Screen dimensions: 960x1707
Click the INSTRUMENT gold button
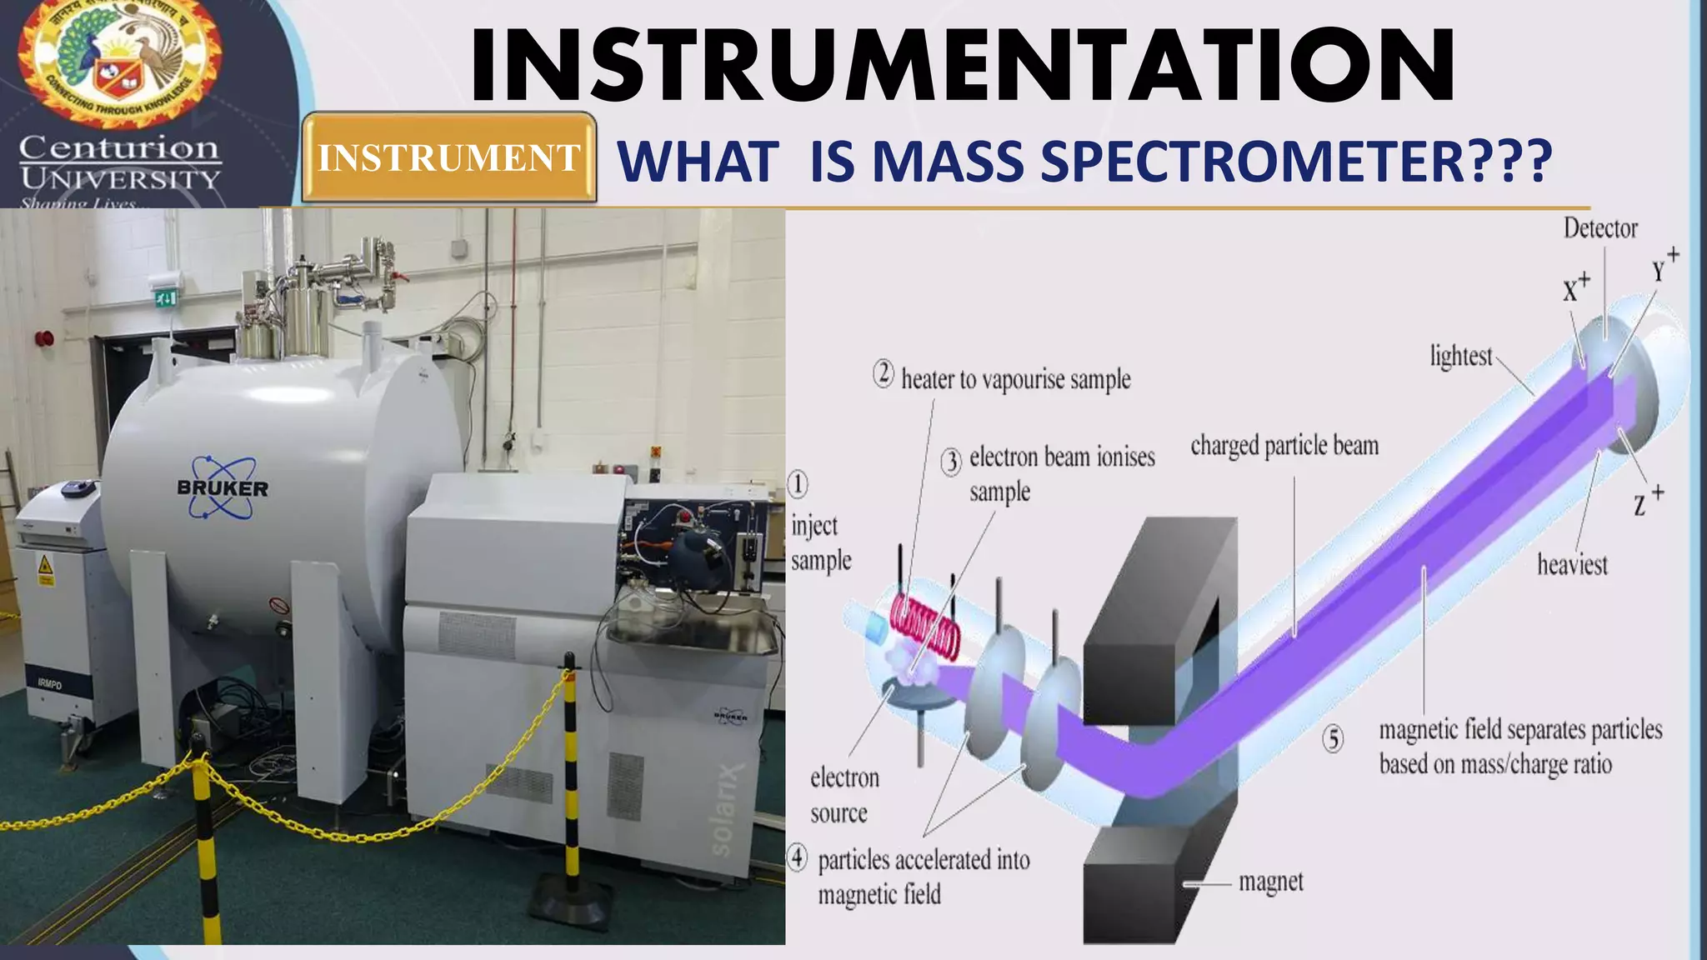tap(448, 157)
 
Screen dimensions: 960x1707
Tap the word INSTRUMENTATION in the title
tap(963, 65)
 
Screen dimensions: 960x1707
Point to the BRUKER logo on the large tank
tap(223, 487)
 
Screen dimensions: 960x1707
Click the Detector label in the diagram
tap(1599, 228)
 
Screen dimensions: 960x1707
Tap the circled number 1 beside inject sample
tap(798, 484)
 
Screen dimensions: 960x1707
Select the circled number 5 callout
tap(1334, 738)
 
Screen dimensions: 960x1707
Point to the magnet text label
tap(1270, 882)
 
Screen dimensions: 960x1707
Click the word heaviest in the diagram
tap(1572, 565)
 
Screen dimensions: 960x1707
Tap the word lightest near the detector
tap(1460, 357)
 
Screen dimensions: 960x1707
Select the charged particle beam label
tap(1284, 446)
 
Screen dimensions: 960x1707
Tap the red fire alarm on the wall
tap(45, 339)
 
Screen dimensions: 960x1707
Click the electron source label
tap(843, 795)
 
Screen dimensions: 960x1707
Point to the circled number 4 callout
tap(798, 857)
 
